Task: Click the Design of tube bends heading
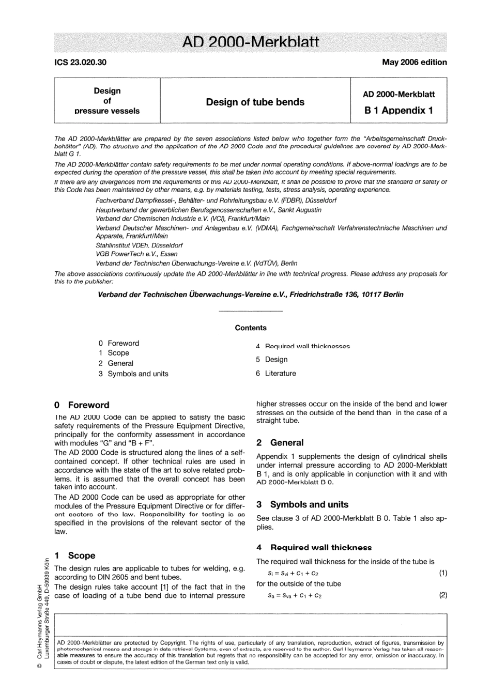click(255, 102)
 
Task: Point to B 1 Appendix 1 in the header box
click(398, 110)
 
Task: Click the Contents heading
click(251, 328)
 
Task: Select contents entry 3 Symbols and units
click(133, 374)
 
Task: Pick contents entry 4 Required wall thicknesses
click(302, 346)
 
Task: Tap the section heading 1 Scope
click(75, 556)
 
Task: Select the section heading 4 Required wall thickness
click(314, 547)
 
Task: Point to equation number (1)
click(443, 573)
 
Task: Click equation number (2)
click(443, 595)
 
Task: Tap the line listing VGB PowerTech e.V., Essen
click(136, 254)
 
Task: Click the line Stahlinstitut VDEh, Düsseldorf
click(139, 245)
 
